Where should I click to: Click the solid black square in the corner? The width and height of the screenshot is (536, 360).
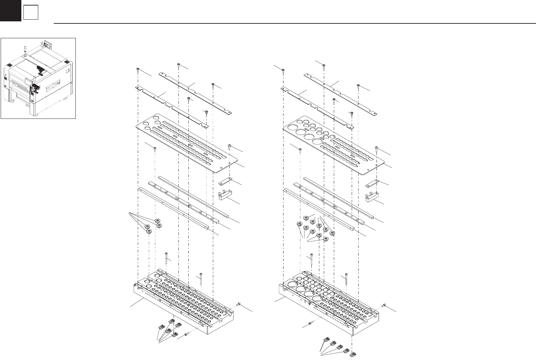click(10, 10)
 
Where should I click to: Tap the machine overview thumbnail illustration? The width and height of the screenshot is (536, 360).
click(38, 78)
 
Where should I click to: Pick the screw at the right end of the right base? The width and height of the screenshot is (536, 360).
click(384, 305)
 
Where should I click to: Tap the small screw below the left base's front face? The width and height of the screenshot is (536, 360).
click(187, 334)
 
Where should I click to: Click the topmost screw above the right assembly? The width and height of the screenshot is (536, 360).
click(324, 65)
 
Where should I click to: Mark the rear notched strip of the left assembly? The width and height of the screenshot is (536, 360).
click(195, 92)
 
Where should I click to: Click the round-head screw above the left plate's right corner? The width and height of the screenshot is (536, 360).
click(230, 147)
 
